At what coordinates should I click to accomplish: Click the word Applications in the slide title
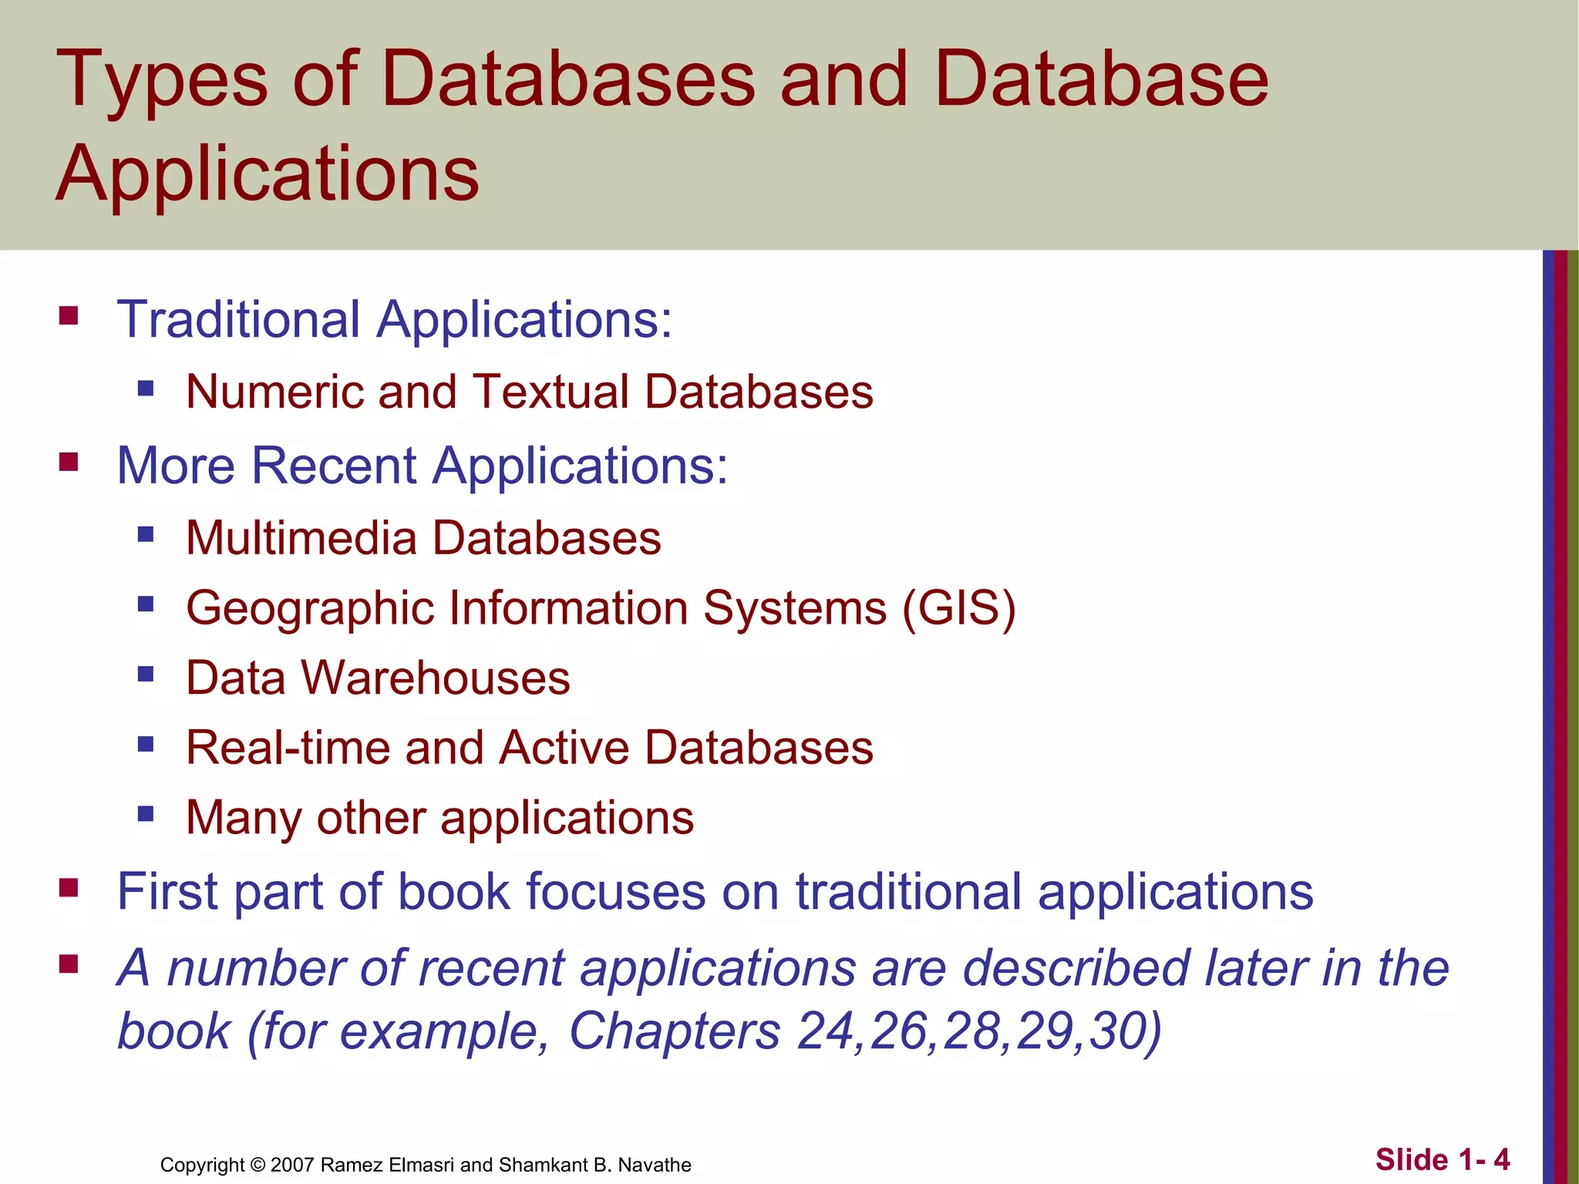tap(268, 173)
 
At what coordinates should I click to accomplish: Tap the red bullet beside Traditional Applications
tap(69, 316)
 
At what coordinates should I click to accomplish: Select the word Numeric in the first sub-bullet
tap(274, 392)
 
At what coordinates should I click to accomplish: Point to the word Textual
tap(550, 392)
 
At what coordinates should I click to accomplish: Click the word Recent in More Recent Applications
tap(333, 466)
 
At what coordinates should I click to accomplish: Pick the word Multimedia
tap(301, 537)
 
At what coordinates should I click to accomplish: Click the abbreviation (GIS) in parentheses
tap(959, 608)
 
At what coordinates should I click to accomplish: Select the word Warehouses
tap(436, 678)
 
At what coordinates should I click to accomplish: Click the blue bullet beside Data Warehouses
tap(146, 674)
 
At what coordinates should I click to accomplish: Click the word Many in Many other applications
tap(244, 819)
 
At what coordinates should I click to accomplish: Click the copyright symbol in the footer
tap(258, 1165)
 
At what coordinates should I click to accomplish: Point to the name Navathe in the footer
tap(655, 1165)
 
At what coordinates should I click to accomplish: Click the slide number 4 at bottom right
tap(1500, 1159)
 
